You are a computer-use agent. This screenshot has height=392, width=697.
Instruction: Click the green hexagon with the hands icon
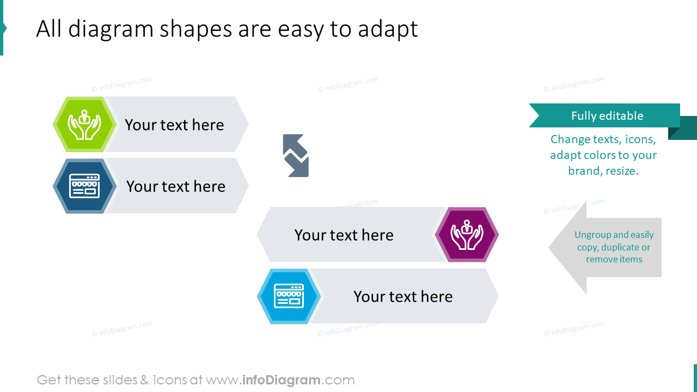[84, 125]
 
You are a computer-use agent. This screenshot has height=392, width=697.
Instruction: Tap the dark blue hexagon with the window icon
[84, 186]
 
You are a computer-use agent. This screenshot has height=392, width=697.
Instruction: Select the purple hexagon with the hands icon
[467, 235]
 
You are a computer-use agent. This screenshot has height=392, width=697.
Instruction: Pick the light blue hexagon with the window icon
[289, 296]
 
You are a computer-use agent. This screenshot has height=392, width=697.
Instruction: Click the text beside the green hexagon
[174, 125]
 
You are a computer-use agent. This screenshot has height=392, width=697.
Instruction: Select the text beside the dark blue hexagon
[175, 186]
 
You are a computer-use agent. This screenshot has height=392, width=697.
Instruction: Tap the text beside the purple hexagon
[344, 235]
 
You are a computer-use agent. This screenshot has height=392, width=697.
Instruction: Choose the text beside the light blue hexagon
[403, 296]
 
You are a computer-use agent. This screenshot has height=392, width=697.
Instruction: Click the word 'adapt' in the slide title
[388, 29]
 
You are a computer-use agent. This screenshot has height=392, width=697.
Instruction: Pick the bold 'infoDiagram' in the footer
[280, 380]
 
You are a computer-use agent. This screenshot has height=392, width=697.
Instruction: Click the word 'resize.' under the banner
[622, 171]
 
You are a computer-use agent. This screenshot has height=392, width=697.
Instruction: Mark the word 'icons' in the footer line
[170, 380]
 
